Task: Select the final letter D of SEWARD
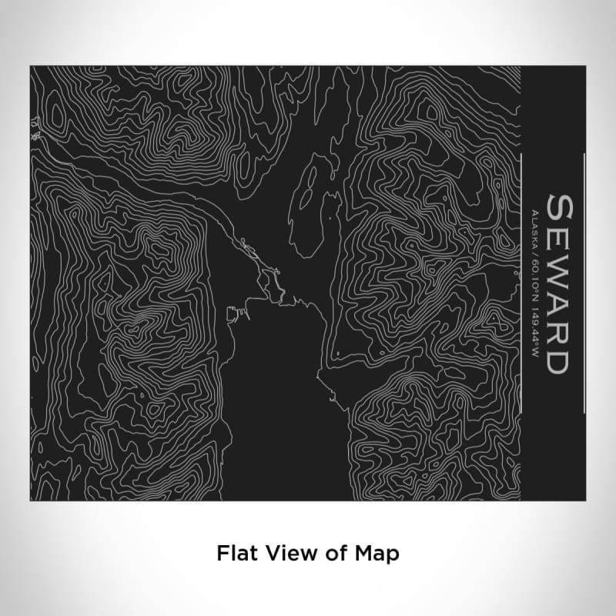click(557, 361)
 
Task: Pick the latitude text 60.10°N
click(534, 267)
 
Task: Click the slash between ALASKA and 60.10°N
click(534, 246)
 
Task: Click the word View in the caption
click(286, 553)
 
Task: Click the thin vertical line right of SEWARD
click(585, 281)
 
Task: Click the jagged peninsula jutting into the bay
click(269, 277)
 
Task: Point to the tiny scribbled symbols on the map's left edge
click(35, 127)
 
